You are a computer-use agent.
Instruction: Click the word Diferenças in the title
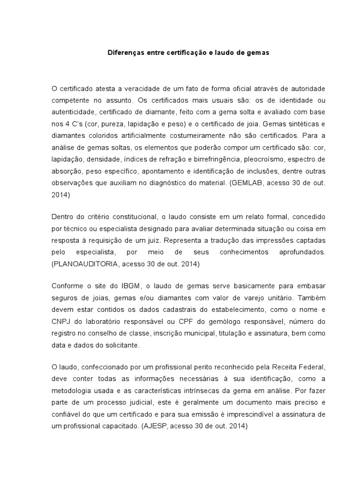pos(123,53)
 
